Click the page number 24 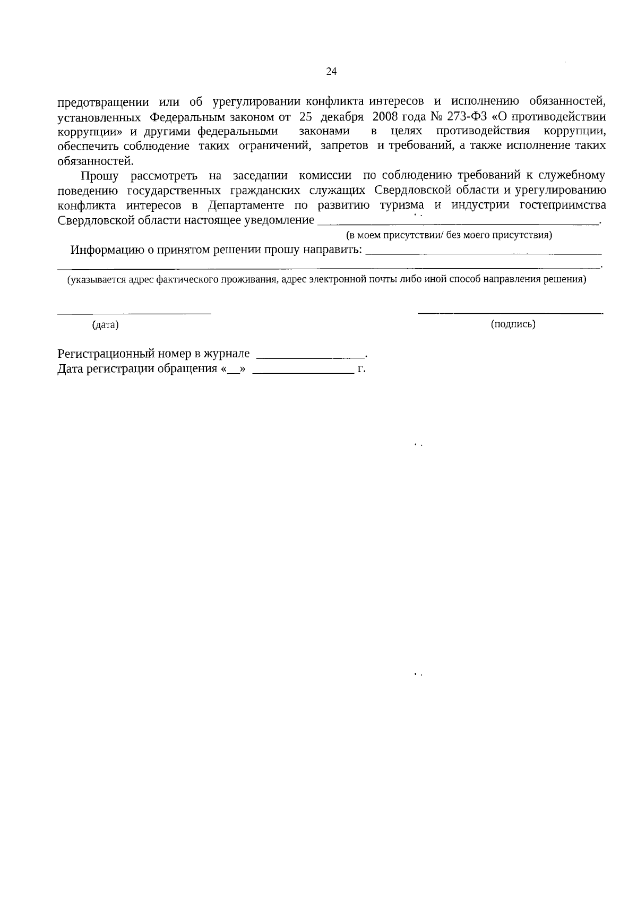pyautogui.click(x=331, y=72)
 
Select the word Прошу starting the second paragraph pyautogui.click(x=99, y=176)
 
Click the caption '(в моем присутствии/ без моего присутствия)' pyautogui.click(x=449, y=235)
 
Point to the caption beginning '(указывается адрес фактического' pyautogui.click(x=326, y=279)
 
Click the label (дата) pyautogui.click(x=105, y=325)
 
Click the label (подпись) pyautogui.click(x=513, y=324)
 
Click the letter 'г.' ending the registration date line pyautogui.click(x=361, y=368)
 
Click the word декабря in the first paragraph pyautogui.click(x=341, y=116)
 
